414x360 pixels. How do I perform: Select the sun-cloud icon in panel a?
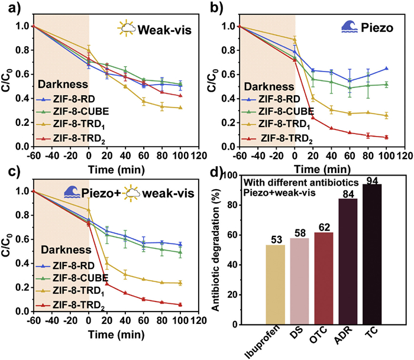pos(127,27)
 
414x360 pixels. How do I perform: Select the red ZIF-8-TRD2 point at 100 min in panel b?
pos(386,137)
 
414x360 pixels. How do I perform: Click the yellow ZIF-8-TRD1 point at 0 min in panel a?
pos(89,50)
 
